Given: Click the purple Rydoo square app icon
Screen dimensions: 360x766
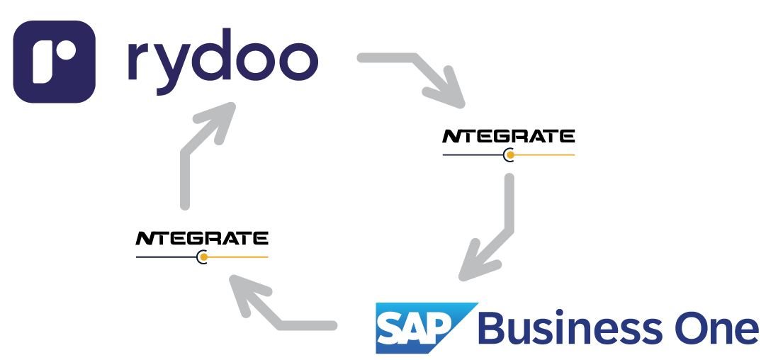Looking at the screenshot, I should pos(54,61).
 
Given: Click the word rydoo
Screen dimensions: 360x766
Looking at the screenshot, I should pos(221,61).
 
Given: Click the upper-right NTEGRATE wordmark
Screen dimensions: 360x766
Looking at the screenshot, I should pos(508,136).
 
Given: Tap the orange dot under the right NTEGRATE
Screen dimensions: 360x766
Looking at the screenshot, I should pos(509,154).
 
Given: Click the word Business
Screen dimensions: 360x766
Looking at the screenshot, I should pos(570,329).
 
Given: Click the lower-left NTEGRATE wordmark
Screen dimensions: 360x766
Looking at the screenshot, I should pos(201,238).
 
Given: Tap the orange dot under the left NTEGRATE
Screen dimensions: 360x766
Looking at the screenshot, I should pos(203,257).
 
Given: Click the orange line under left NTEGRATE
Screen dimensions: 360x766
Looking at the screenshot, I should pos(237,257).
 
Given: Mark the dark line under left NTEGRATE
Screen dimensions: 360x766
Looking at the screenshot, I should pos(166,257).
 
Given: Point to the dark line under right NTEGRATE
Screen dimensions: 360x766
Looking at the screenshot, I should pos(471,154).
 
